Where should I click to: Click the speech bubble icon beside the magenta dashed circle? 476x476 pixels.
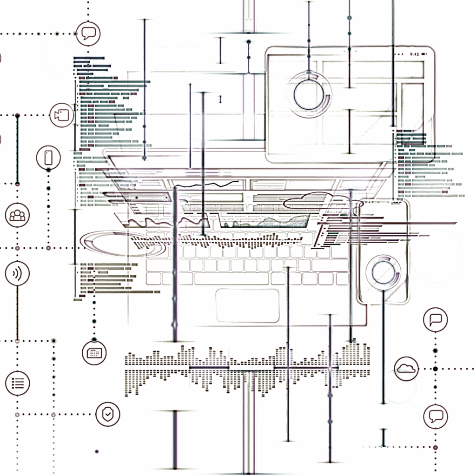[88, 33]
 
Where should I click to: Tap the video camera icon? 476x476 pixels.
[62, 115]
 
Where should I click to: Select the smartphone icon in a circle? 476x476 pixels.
[48, 158]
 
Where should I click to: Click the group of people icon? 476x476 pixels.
[18, 215]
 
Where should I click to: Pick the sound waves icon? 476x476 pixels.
[18, 273]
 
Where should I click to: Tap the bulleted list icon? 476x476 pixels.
[18, 383]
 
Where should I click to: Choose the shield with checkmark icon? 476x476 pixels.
[107, 413]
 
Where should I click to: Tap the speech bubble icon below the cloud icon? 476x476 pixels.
[436, 416]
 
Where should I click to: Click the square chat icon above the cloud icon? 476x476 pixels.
[436, 320]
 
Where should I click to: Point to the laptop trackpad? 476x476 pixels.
[247, 305]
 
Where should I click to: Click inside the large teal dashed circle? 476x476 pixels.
[437, 256]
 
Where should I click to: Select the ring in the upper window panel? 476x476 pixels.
[309, 94]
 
